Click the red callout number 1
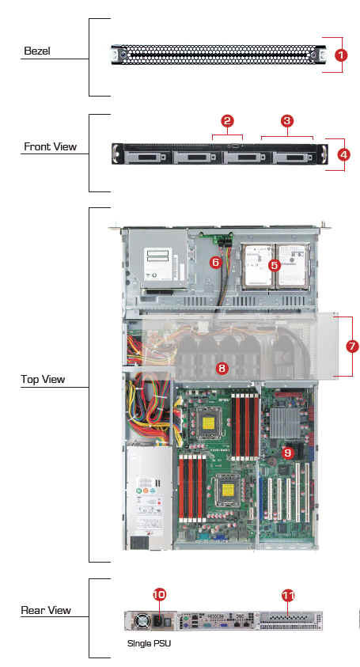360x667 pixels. click(x=340, y=55)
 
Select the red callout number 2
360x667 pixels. click(x=227, y=121)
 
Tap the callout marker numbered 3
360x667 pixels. click(x=287, y=121)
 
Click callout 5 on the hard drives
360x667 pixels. click(x=275, y=265)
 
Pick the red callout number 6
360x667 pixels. click(x=216, y=262)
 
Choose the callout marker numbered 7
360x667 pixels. click(x=352, y=347)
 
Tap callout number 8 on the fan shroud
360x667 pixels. click(x=222, y=369)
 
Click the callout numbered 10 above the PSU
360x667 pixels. click(x=159, y=595)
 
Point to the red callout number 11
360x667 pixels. click(x=288, y=596)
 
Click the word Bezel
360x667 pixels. click(x=37, y=51)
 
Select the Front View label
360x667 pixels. click(x=50, y=146)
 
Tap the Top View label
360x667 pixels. click(x=43, y=380)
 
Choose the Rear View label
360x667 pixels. click(x=46, y=610)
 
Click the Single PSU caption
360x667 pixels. click(x=149, y=643)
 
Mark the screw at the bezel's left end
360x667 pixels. click(x=122, y=55)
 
